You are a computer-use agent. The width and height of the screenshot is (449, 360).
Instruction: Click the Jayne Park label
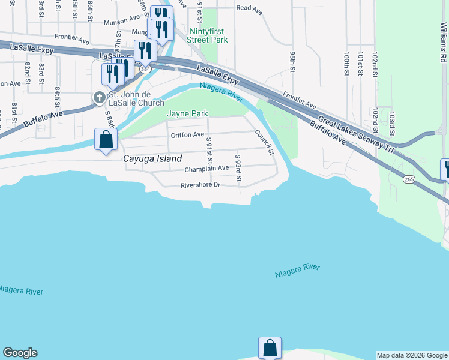pos(187,113)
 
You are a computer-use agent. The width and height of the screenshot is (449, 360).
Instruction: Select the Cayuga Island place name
pos(152,159)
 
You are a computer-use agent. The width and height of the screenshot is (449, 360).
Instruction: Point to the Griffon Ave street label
pos(187,135)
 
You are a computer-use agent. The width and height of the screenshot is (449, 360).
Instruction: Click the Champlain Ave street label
pos(206,169)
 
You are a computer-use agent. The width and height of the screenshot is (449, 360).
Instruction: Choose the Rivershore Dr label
pos(201,185)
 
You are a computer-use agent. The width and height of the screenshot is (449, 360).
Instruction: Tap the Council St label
pos(264,143)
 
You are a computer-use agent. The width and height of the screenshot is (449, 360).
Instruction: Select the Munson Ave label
pos(121,22)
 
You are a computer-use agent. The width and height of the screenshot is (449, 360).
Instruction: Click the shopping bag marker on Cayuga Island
pos(106,140)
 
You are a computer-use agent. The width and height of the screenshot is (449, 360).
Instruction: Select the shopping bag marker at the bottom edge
pos(270,348)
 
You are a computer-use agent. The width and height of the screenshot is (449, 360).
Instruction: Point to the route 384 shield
pos(145,69)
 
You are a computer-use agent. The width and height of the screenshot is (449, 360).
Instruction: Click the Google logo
pos(20,353)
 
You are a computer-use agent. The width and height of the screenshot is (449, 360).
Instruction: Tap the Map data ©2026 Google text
pos(412,355)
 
